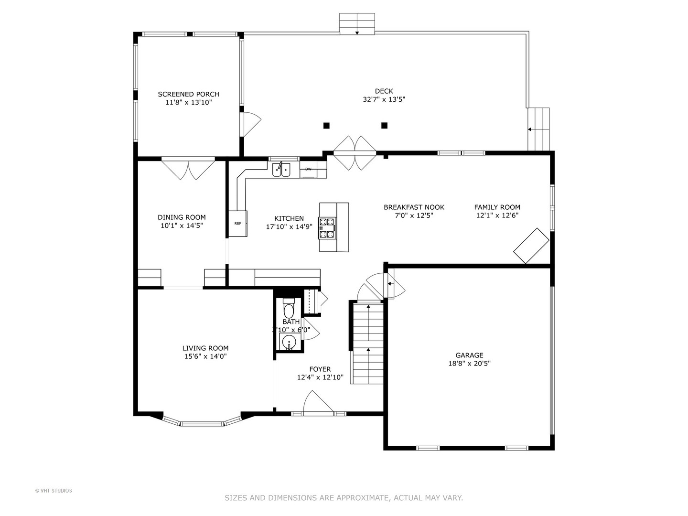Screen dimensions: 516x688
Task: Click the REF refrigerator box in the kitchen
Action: point(237,224)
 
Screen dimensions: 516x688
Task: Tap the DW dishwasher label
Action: point(308,169)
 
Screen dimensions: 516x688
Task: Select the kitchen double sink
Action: point(281,170)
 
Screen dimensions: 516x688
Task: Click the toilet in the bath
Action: point(289,310)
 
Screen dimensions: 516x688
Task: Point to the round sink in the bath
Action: point(289,343)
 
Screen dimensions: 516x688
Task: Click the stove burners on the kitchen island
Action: point(328,228)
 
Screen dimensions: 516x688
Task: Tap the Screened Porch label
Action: point(189,94)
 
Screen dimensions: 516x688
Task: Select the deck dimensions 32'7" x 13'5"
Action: point(384,99)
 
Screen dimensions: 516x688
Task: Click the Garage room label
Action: point(469,355)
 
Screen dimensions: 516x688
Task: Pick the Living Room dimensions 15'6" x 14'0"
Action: point(205,356)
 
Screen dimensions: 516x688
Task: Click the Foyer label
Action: point(320,369)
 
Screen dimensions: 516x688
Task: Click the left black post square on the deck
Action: point(326,126)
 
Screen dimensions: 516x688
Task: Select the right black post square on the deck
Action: point(384,126)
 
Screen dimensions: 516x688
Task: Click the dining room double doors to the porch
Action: point(188,169)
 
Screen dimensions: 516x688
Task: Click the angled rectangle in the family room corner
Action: point(531,246)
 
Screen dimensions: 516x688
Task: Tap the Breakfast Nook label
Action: point(414,207)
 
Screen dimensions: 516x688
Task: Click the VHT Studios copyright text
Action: point(54,491)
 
